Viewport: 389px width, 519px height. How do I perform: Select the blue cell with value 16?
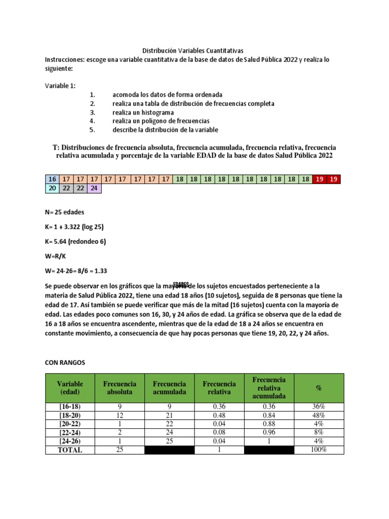click(52, 179)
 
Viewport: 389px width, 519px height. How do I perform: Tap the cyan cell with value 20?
click(52, 188)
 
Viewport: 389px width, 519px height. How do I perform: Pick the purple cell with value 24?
click(94, 188)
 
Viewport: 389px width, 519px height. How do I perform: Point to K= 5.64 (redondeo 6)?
click(75, 242)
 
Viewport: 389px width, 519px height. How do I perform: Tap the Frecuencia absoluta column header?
click(120, 388)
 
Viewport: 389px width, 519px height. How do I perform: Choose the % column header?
click(319, 388)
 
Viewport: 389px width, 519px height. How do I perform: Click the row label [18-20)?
click(70, 415)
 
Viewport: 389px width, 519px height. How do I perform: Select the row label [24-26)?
click(70, 441)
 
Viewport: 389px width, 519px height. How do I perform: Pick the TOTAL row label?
click(70, 450)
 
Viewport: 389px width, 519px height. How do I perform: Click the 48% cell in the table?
click(319, 415)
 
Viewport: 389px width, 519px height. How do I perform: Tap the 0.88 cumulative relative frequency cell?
click(268, 424)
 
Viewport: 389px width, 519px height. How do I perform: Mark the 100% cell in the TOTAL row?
click(319, 450)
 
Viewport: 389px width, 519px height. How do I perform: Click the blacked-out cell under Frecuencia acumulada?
click(169, 450)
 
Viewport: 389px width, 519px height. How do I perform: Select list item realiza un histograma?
click(143, 112)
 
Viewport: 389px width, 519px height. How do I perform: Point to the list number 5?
click(92, 130)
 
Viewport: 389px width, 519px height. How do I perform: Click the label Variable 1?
click(60, 86)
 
